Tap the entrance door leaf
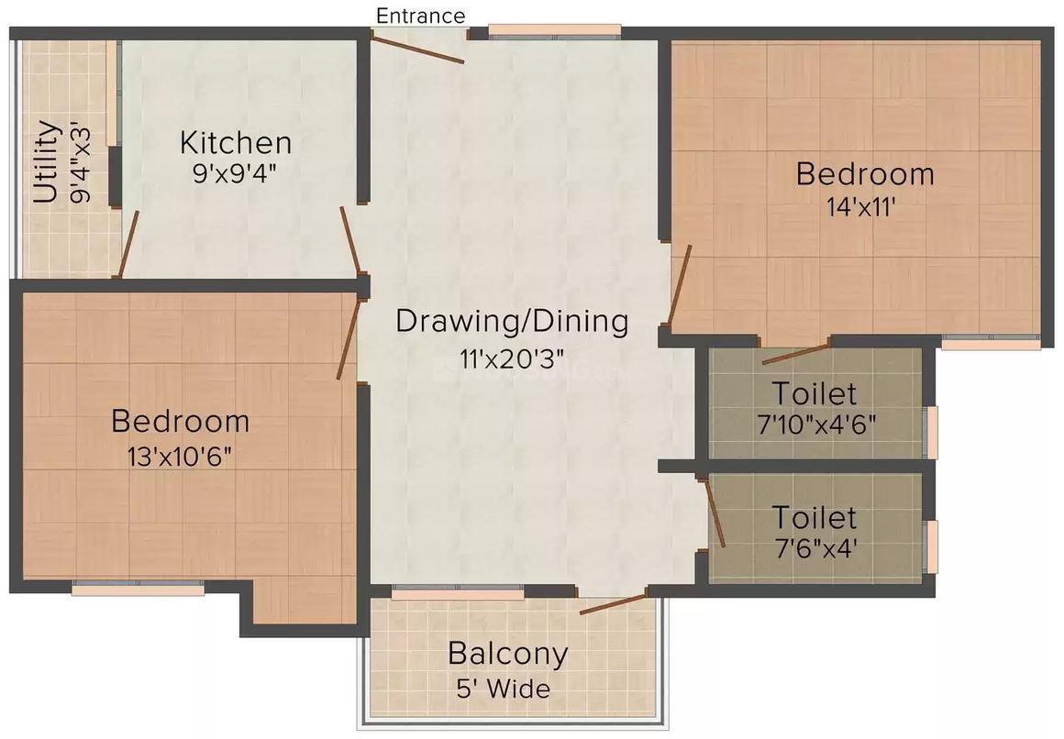[418, 49]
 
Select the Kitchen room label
[236, 143]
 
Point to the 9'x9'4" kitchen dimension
[235, 173]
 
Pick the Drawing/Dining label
[512, 322]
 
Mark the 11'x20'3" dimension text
[513, 358]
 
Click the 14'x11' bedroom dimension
[861, 207]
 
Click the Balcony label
[507, 655]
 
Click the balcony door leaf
[613, 603]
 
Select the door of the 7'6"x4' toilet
[715, 513]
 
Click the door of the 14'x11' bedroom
[679, 284]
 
